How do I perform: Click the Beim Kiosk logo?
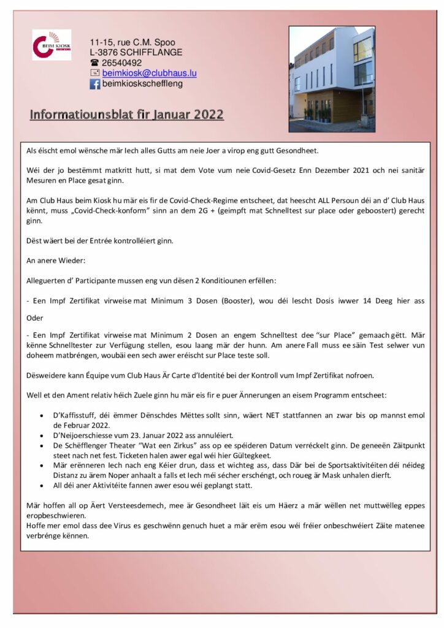pyautogui.click(x=52, y=45)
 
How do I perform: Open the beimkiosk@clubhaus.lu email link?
pyautogui.click(x=149, y=74)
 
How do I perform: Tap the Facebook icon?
pyautogui.click(x=95, y=85)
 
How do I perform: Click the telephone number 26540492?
pyautogui.click(x=122, y=63)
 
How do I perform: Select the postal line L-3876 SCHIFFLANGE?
pyautogui.click(x=136, y=53)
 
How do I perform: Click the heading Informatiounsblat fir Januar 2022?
pyautogui.click(x=127, y=115)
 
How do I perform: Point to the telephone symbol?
pyautogui.click(x=95, y=63)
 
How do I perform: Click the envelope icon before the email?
pyautogui.click(x=95, y=74)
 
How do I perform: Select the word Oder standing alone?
pyautogui.click(x=35, y=318)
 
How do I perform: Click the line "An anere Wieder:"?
pyautogui.click(x=52, y=260)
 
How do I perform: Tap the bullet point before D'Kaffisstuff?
pyautogui.click(x=40, y=416)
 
